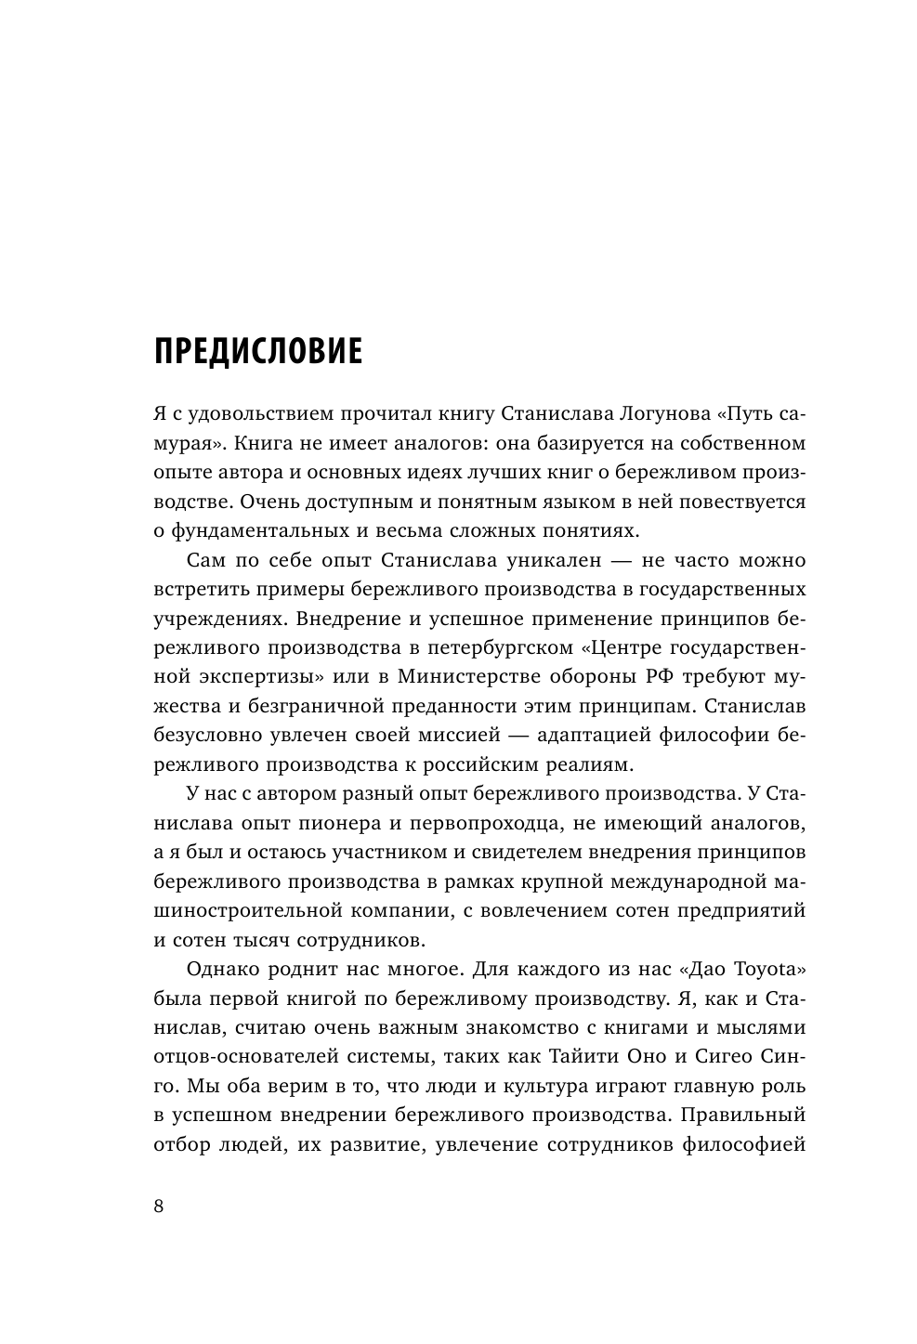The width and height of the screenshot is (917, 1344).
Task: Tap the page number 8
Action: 158,1206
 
